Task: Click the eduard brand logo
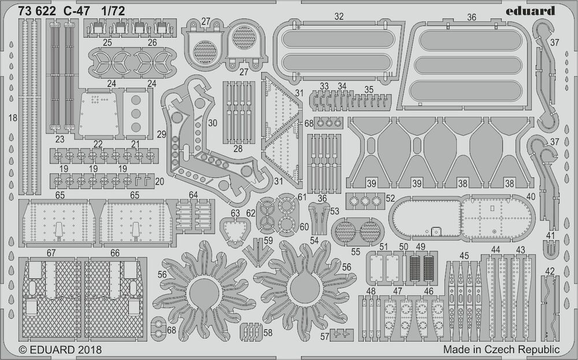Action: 530,11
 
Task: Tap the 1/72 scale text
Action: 113,12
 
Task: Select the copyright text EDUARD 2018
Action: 60,350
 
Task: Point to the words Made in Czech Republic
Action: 501,350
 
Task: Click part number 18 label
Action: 13,118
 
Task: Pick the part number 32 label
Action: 339,16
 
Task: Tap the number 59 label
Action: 268,240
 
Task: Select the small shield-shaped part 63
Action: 235,231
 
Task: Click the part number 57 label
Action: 325,336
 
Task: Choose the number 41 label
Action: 550,235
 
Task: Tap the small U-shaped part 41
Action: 551,249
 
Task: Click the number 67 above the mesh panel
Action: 51,253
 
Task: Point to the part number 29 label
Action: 161,135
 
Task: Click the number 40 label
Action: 531,197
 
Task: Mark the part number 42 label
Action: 550,272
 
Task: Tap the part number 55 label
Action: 355,252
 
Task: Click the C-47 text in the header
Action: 76,12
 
